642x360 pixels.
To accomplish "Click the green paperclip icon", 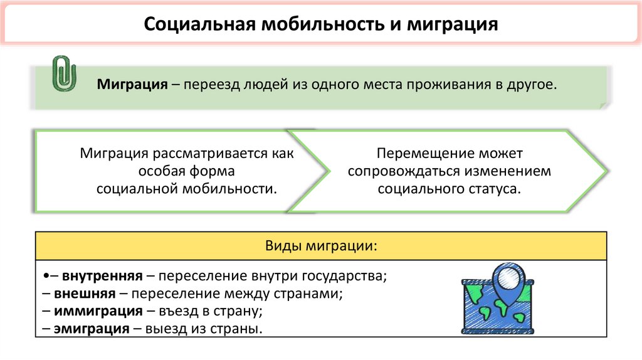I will click(x=63, y=73).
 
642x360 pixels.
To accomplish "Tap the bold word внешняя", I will click(x=84, y=294).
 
